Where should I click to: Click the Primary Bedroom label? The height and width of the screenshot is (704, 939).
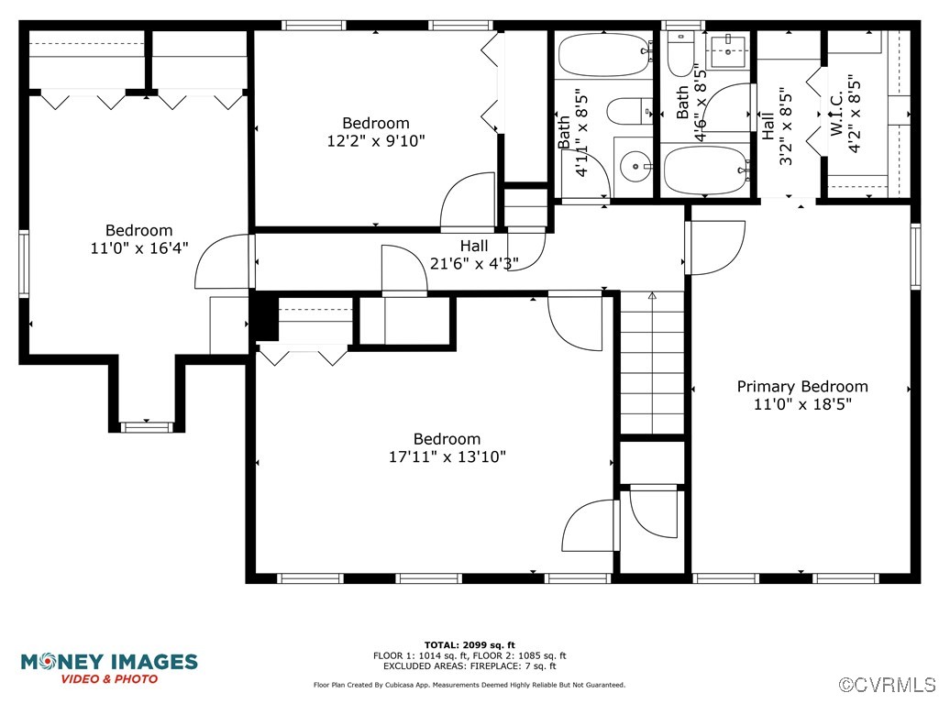pos(801,386)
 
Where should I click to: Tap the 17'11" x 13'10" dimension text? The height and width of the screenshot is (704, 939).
pos(447,456)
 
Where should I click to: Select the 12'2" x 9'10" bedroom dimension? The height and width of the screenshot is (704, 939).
pos(375,140)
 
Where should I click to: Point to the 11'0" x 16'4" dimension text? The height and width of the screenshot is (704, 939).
pos(139,247)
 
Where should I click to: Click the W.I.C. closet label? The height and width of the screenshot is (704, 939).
pos(836,113)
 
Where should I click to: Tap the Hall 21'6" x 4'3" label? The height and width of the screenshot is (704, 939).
pos(474,255)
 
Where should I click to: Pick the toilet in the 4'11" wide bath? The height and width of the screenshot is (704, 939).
pos(629,111)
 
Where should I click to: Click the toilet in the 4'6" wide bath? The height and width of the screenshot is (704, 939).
pos(680,54)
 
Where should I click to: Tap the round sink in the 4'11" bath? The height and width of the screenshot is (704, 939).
pos(635,166)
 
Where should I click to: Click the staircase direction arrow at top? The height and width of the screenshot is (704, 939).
pos(652,295)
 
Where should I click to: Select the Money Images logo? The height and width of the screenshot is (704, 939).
pos(109,668)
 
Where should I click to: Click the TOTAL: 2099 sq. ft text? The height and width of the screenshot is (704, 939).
pos(469,644)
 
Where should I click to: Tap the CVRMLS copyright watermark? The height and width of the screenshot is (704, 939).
pos(887,684)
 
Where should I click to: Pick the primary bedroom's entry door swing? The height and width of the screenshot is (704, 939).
pos(715,247)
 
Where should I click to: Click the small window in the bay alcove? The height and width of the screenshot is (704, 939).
pos(146,427)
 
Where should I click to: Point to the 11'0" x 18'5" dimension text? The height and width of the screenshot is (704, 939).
pos(802,404)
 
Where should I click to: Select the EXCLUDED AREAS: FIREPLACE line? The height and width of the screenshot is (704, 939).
pos(469,665)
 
